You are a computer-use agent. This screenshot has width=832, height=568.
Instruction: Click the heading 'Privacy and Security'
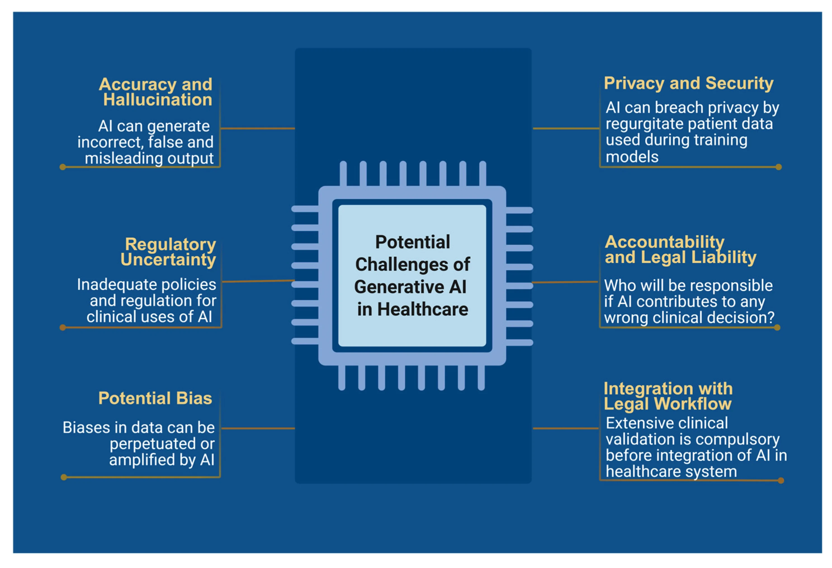point(688,83)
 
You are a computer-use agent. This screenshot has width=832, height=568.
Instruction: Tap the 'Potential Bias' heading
point(155,398)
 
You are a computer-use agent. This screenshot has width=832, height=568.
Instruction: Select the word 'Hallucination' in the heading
point(157,100)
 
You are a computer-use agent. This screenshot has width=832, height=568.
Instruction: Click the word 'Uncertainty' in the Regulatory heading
point(168,259)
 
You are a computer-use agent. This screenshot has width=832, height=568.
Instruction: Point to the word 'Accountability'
point(664,242)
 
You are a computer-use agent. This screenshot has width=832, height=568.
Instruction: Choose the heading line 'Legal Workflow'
point(667,404)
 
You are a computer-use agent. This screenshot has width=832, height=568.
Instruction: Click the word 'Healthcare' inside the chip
point(422,309)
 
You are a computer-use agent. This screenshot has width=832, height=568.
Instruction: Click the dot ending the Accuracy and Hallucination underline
point(63,167)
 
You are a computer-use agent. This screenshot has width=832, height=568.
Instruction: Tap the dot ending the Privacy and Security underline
point(779,167)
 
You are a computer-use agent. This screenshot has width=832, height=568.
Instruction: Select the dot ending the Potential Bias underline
point(64,477)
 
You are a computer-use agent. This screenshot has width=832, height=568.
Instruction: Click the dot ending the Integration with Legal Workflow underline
point(781,480)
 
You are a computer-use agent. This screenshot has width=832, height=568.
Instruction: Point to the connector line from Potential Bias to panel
point(258,428)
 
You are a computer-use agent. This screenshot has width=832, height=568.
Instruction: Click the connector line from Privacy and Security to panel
point(566,128)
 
